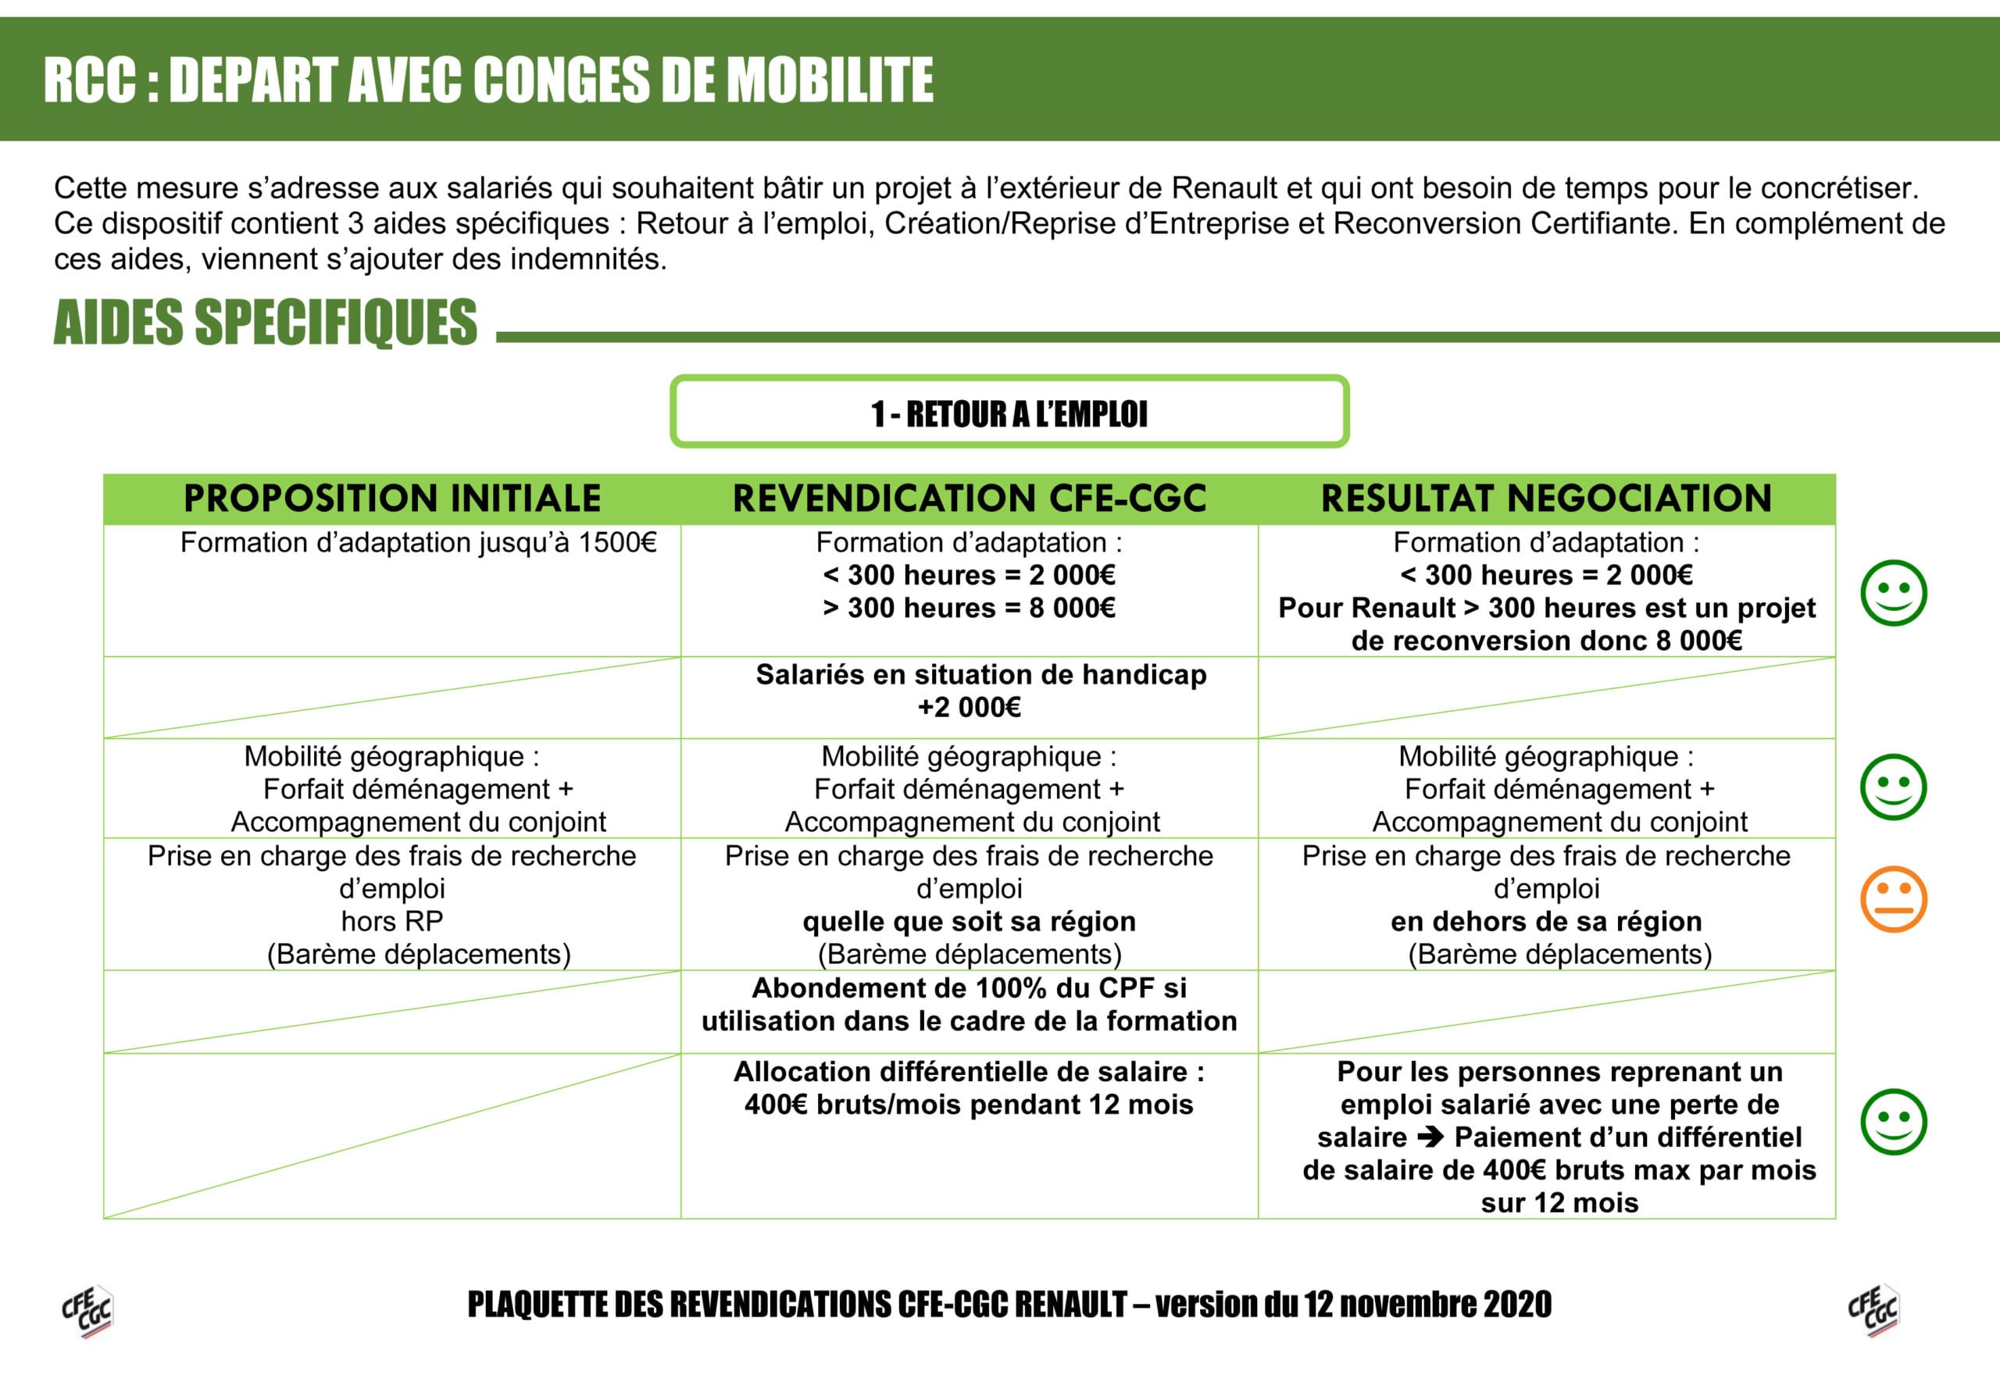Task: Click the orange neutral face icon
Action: pyautogui.click(x=1893, y=899)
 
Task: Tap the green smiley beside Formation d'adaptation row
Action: pyautogui.click(x=1893, y=593)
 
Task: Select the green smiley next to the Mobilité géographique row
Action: pyautogui.click(x=1893, y=787)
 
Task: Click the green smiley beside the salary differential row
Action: pyautogui.click(x=1893, y=1122)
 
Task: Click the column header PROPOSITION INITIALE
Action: pyautogui.click(x=391, y=498)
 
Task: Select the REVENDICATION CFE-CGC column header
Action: pyautogui.click(x=969, y=498)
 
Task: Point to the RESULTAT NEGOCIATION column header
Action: pyautogui.click(x=1545, y=498)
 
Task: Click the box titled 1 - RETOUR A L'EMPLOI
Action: pyautogui.click(x=1009, y=412)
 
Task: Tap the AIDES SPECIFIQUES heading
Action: pyautogui.click(x=266, y=323)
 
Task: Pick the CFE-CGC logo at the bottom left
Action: pyautogui.click(x=87, y=1311)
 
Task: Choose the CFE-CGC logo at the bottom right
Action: pyautogui.click(x=1873, y=1311)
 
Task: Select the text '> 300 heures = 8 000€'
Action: pyautogui.click(x=969, y=608)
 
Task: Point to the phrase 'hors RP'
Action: pyautogui.click(x=391, y=921)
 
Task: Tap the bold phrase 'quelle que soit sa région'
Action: pyautogui.click(x=969, y=921)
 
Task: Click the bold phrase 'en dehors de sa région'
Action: pyautogui.click(x=1545, y=921)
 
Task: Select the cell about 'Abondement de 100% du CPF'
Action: pyautogui.click(x=969, y=1005)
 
